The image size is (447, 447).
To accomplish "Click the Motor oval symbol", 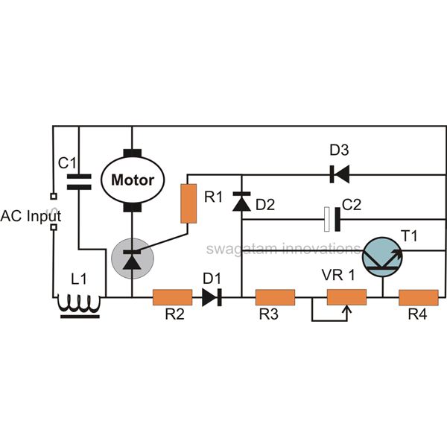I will click(x=132, y=180).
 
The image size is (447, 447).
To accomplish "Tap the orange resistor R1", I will click(x=188, y=203).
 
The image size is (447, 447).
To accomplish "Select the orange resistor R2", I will click(x=172, y=298).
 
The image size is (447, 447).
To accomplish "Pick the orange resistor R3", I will click(x=276, y=298).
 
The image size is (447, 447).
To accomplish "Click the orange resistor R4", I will click(x=418, y=298).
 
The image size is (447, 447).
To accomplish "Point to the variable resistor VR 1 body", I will click(x=346, y=298).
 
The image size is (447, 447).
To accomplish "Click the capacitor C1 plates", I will click(x=78, y=179).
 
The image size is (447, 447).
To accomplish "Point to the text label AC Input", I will click(x=31, y=216).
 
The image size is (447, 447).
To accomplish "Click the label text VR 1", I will click(x=337, y=273).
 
